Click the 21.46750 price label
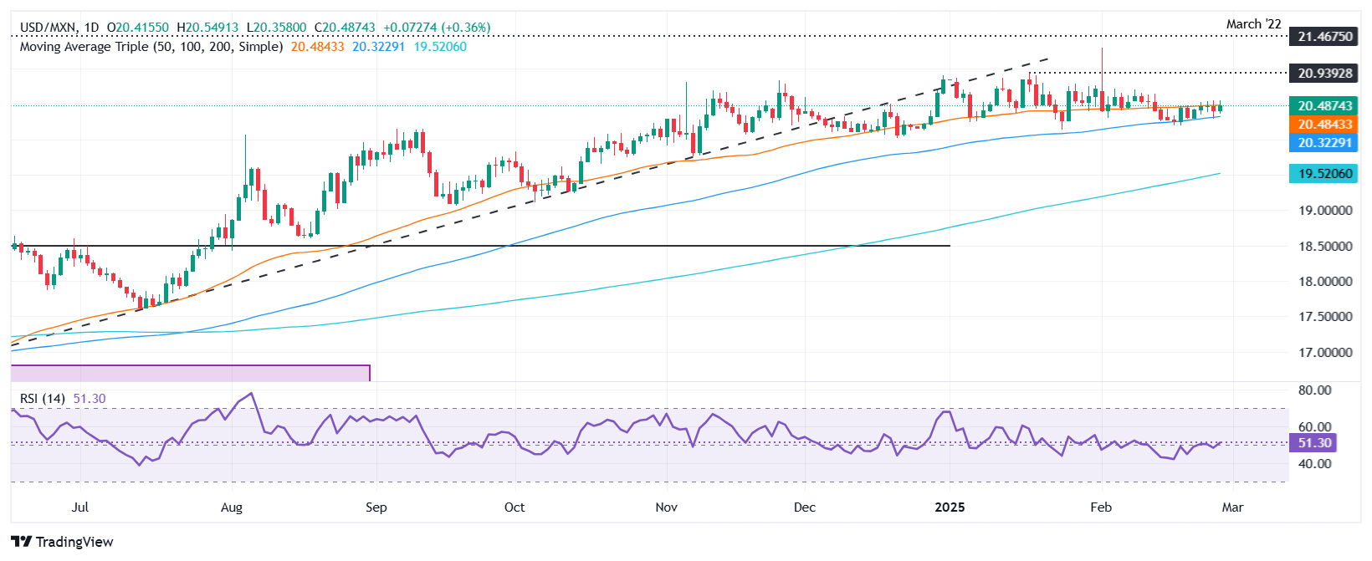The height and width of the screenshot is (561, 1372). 1325,37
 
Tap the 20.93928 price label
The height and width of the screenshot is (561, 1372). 1325,74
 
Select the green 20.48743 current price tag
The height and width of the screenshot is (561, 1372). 1325,106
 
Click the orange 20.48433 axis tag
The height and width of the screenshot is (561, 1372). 1325,125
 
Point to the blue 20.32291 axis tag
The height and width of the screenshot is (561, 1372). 1325,143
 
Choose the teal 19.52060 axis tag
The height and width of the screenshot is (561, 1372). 1325,174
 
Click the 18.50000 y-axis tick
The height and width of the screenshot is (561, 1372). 1325,247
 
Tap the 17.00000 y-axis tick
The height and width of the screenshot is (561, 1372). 1325,353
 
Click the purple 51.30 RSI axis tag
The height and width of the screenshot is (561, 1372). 1314,443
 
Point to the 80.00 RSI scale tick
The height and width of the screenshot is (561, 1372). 1314,390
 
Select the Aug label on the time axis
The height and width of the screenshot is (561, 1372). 232,507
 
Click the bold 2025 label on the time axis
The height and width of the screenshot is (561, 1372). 950,507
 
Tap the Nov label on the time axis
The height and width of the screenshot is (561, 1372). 666,507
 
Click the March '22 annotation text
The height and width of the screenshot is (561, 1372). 1253,24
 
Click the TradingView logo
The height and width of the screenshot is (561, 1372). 63,542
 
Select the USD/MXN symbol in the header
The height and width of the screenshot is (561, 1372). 48,28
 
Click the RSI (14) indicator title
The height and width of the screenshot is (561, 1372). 43,399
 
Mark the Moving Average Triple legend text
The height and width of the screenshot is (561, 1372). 151,47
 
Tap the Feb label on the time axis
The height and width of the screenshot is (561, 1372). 1101,507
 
